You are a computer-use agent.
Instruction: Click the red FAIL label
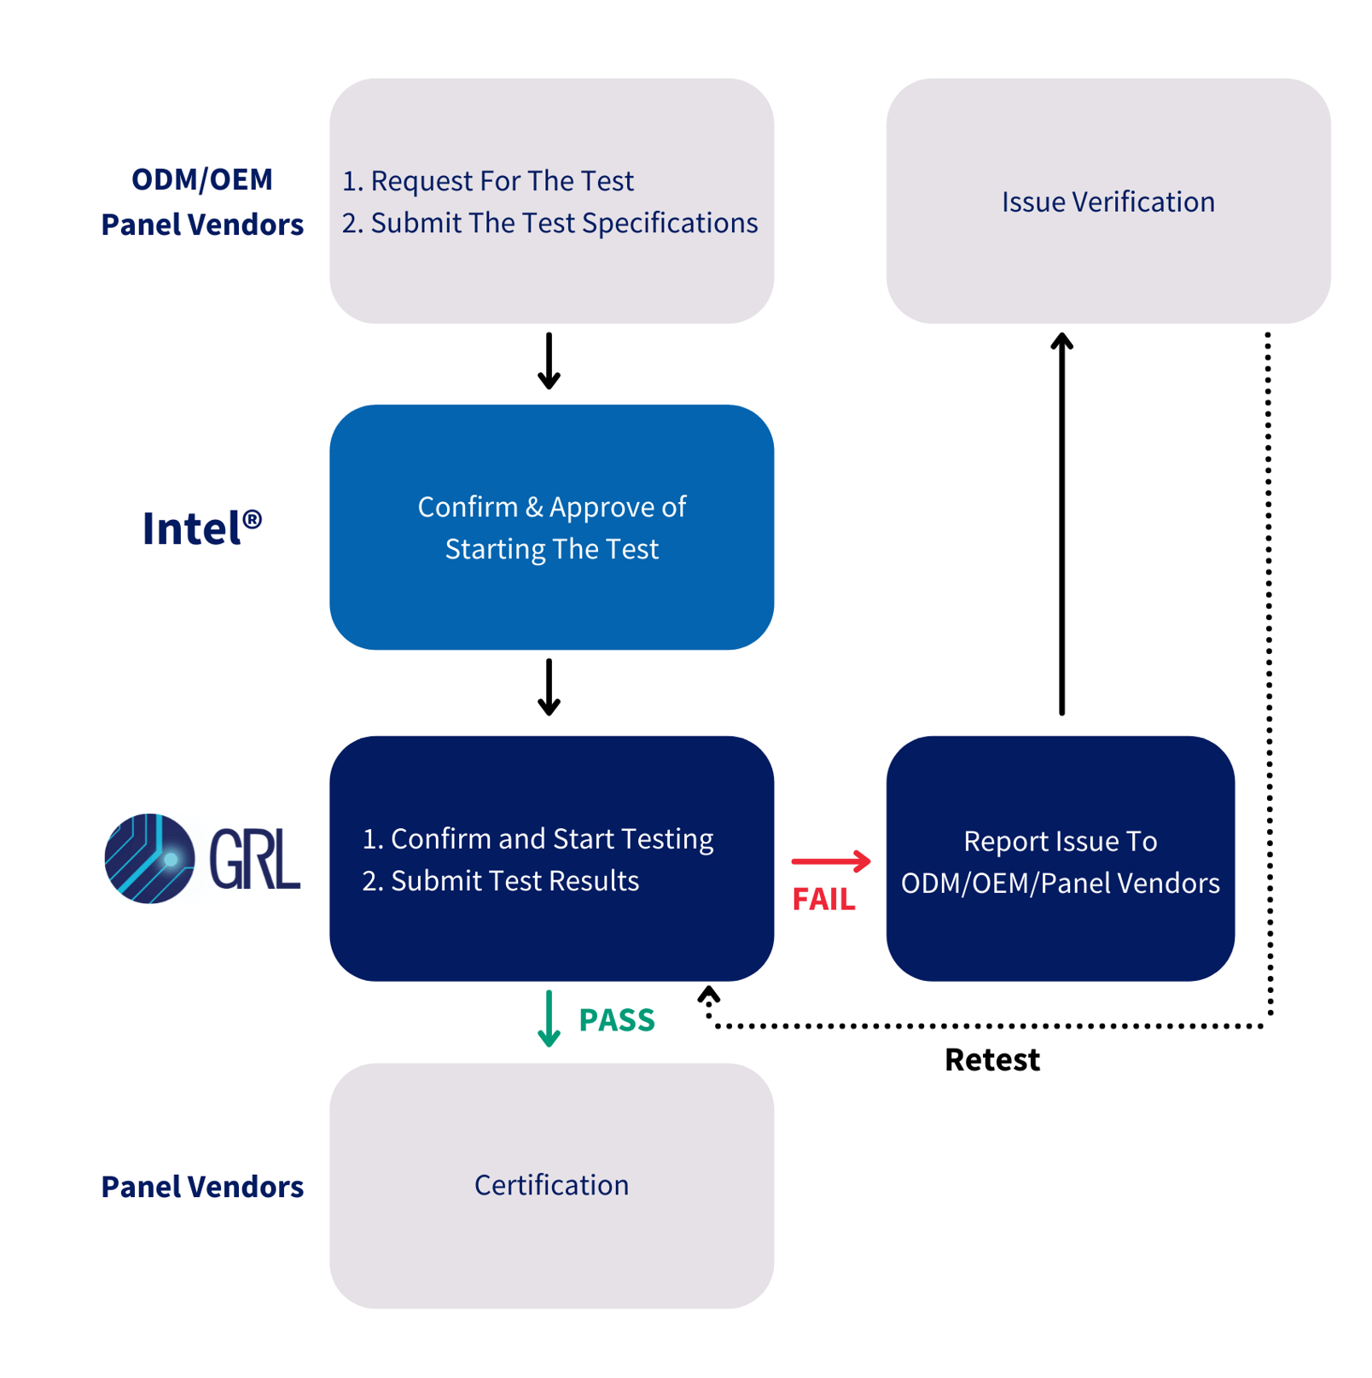click(823, 899)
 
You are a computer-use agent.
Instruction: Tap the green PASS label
click(616, 1019)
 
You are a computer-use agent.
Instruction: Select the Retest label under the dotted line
click(991, 1060)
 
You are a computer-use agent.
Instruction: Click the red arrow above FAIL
click(830, 861)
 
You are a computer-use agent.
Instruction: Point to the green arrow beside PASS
click(549, 1018)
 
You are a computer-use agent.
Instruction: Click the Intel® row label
click(201, 528)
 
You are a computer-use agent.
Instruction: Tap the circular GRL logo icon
click(149, 858)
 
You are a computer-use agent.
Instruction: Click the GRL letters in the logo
click(254, 859)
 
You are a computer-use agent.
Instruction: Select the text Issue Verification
click(1107, 201)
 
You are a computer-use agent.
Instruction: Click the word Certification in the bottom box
click(551, 1185)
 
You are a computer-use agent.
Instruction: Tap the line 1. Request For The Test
click(487, 181)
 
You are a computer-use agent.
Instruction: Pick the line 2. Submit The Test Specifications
click(549, 223)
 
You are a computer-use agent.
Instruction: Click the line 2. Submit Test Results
click(501, 880)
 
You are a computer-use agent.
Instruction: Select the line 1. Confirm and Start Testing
click(538, 838)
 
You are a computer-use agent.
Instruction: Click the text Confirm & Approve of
click(551, 507)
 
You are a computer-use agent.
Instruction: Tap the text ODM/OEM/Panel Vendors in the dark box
click(1060, 883)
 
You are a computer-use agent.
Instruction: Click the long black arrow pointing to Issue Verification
click(1061, 523)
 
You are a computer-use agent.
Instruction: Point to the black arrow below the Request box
click(549, 361)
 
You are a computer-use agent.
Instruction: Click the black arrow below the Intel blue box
click(549, 686)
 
